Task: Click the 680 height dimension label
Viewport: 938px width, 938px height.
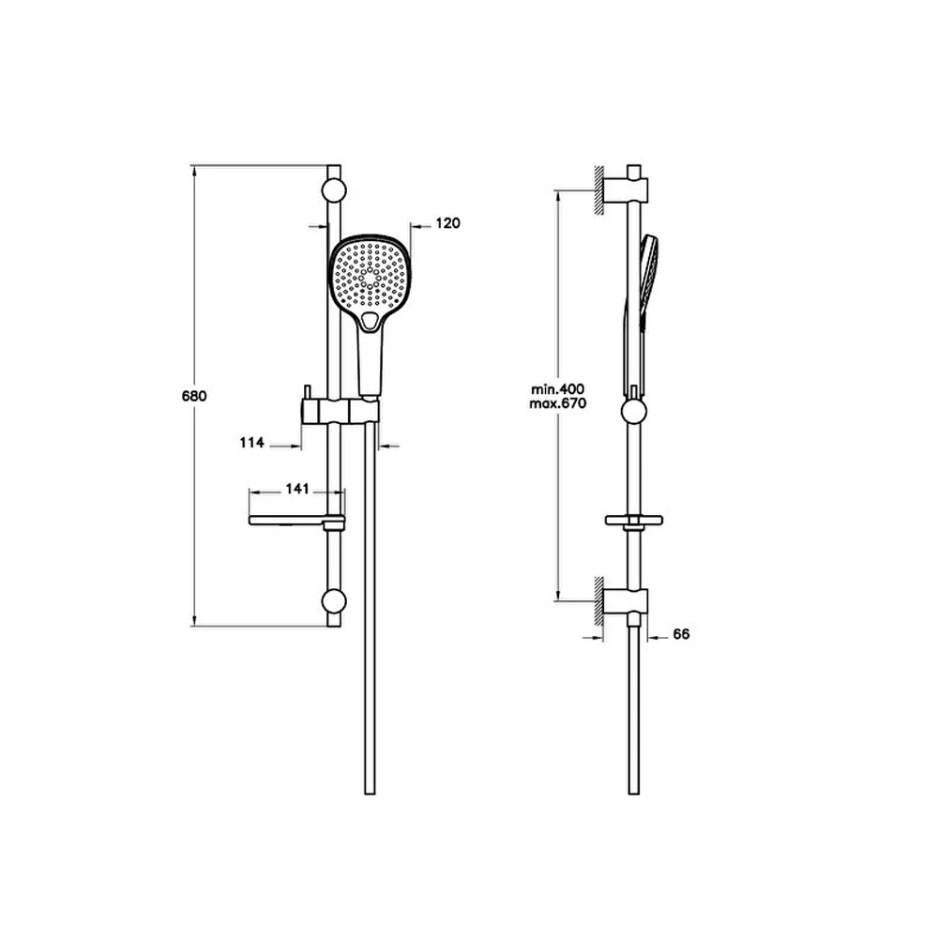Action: coord(194,396)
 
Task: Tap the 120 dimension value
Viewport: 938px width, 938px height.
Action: coord(448,223)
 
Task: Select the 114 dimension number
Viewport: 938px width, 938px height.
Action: coord(251,443)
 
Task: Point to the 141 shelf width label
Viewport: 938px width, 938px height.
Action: coord(297,489)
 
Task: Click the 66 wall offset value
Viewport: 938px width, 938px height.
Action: coord(681,634)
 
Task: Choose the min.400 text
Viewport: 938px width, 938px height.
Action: coord(557,389)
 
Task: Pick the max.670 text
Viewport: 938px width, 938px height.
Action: coord(557,403)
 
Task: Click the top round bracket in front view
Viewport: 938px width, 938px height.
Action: coord(334,190)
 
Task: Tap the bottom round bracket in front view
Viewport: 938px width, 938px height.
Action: coord(334,601)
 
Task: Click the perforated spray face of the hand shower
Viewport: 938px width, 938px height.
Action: coord(369,273)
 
